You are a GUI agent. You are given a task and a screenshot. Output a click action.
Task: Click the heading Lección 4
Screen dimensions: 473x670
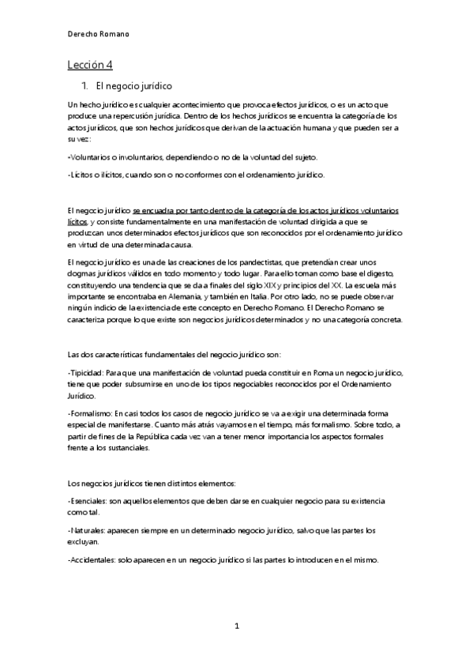[x=90, y=66]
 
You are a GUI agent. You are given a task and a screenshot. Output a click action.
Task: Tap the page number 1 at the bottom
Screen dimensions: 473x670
[x=236, y=626]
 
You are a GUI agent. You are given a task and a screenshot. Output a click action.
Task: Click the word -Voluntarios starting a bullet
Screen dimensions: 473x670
[x=91, y=156]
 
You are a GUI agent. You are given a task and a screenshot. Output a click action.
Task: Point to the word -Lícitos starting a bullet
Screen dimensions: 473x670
[x=83, y=175]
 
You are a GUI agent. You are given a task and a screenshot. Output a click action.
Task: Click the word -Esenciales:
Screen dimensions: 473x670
[x=92, y=502]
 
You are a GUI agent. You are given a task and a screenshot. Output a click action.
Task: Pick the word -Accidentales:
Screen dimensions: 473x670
[x=97, y=560]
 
